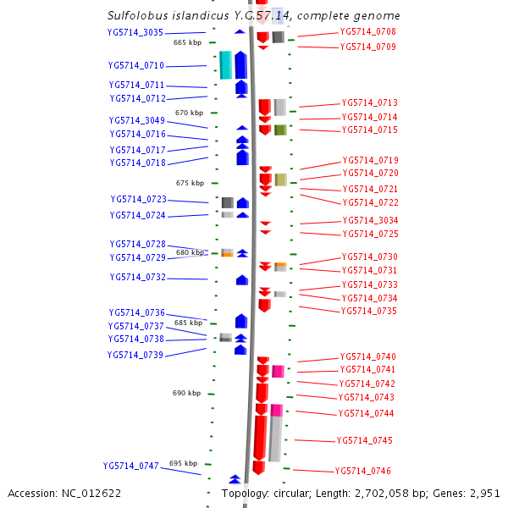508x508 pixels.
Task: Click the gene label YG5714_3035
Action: pos(135,32)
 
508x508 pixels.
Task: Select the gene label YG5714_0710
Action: pos(136,65)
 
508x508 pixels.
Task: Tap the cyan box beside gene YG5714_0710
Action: pos(225,65)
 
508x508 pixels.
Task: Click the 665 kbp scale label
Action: pos(187,41)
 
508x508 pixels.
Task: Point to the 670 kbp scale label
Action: pos(189,113)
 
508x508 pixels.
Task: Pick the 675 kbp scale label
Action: pos(190,183)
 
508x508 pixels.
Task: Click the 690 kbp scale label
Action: pos(186,393)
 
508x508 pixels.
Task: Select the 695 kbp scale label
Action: pos(183,463)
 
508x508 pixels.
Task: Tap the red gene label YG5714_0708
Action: pos(367,32)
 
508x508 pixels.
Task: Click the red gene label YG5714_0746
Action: pos(362,471)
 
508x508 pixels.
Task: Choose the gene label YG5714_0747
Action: pos(131,466)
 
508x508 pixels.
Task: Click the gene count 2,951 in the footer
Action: pos(483,493)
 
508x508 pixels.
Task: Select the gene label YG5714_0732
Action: pos(137,277)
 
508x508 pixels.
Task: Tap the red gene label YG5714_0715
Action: pos(369,130)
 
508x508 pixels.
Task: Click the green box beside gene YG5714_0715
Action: pos(279,130)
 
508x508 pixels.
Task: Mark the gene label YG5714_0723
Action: pos(138,199)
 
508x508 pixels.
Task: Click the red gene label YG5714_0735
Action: pos(368,311)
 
